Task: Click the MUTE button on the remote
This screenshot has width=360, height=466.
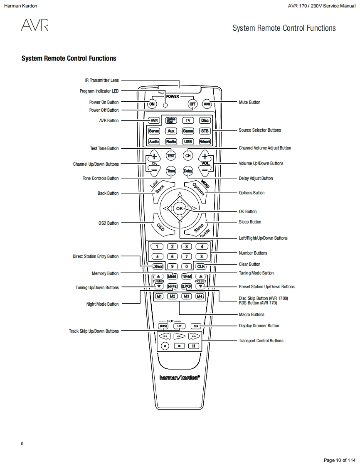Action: point(207,104)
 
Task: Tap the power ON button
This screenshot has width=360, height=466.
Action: point(152,104)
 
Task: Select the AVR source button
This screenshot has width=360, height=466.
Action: point(154,120)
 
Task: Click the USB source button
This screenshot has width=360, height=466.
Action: point(188,141)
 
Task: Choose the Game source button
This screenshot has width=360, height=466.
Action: point(188,131)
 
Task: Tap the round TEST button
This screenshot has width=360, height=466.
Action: point(171,156)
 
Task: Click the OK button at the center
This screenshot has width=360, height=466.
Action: point(179,208)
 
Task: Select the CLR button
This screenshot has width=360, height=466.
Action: point(201,266)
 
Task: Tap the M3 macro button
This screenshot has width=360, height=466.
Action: point(187,296)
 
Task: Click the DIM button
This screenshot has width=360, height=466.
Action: point(196,326)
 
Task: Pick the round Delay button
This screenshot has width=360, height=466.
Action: point(188,171)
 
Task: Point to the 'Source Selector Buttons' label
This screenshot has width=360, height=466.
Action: point(259,130)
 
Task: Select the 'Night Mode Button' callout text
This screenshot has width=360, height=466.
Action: point(102,304)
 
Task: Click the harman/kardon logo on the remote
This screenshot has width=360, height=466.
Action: point(180,377)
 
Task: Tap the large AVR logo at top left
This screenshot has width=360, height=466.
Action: point(35,26)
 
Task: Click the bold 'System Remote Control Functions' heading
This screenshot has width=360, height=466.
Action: point(69,59)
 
